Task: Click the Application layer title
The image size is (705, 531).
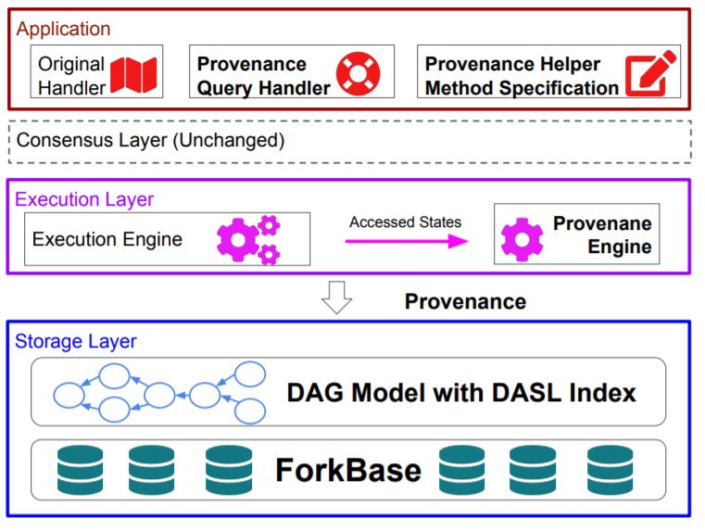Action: (x=63, y=29)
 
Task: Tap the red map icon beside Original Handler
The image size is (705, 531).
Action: (x=133, y=74)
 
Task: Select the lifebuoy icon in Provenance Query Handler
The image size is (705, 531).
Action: (x=357, y=74)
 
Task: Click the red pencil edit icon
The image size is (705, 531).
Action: (x=648, y=74)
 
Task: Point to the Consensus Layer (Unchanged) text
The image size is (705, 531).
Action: (x=150, y=141)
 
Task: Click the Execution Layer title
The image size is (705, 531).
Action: (x=84, y=199)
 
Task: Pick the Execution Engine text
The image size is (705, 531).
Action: (x=107, y=239)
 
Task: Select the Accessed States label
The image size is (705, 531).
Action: (x=405, y=222)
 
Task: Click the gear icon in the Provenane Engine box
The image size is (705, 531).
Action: (x=522, y=238)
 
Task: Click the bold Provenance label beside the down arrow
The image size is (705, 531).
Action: (x=465, y=301)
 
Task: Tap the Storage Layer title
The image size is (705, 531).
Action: (x=75, y=341)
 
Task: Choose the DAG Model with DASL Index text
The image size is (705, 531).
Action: (x=460, y=393)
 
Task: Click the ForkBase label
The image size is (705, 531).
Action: (x=347, y=470)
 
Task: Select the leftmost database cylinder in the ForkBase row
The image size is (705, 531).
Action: (x=79, y=470)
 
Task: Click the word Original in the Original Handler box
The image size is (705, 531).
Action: (x=72, y=65)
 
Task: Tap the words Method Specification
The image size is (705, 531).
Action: (x=522, y=88)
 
